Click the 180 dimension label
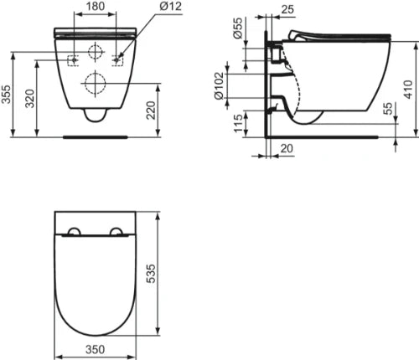96,6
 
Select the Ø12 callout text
171,6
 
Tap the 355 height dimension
6,95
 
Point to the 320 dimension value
29,98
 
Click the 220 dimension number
151,111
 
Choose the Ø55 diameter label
238,28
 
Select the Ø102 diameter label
219,85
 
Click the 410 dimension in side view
409,90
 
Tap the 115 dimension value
238,123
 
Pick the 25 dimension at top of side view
287,9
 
